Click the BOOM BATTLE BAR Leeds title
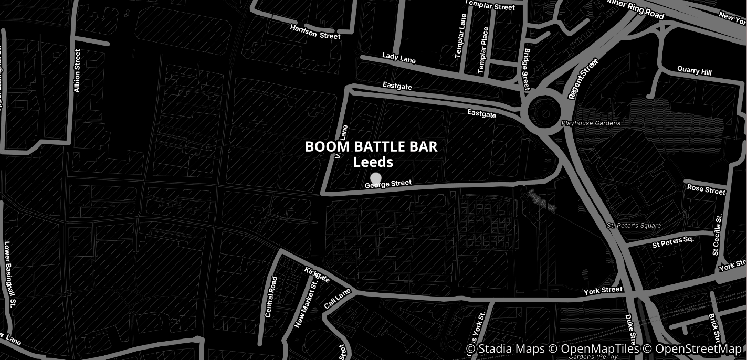pos(371,154)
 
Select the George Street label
pos(388,184)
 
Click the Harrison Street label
pos(315,32)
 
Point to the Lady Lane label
pos(399,58)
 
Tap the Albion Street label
pos(77,71)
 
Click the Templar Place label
pos(483,50)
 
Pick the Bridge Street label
pos(527,69)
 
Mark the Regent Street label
pos(583,79)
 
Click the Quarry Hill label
pos(695,70)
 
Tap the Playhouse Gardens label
pos(591,123)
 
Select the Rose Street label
pos(706,189)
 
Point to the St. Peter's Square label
pos(634,226)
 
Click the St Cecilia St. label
pos(717,234)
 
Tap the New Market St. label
pos(306,305)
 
